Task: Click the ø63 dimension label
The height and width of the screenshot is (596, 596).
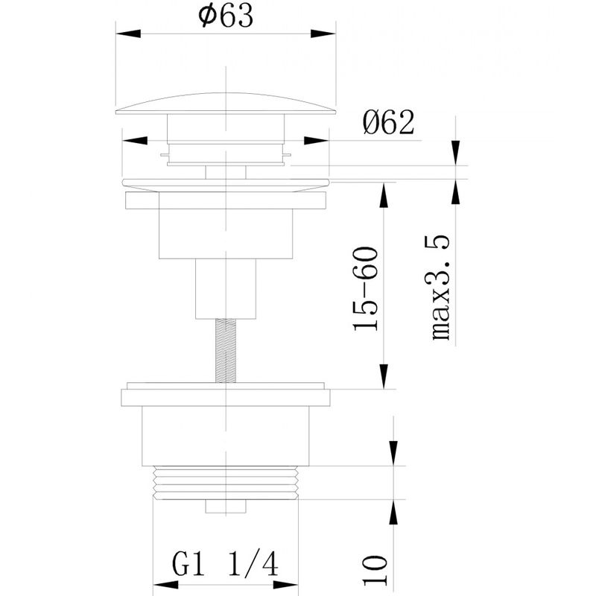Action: (226, 16)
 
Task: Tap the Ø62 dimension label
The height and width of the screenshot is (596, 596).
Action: (388, 122)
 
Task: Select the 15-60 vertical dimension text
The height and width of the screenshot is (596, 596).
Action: (366, 289)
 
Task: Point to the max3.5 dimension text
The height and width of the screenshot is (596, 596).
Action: (441, 288)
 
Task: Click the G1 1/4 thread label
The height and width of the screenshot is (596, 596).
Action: (225, 565)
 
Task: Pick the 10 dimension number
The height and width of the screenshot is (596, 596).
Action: (375, 571)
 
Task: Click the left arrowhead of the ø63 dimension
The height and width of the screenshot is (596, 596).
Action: (128, 34)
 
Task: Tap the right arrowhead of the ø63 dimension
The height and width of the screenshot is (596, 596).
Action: (323, 34)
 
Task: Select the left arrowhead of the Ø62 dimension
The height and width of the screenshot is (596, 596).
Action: (135, 140)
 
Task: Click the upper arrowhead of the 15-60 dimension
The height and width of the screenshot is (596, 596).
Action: (384, 195)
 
